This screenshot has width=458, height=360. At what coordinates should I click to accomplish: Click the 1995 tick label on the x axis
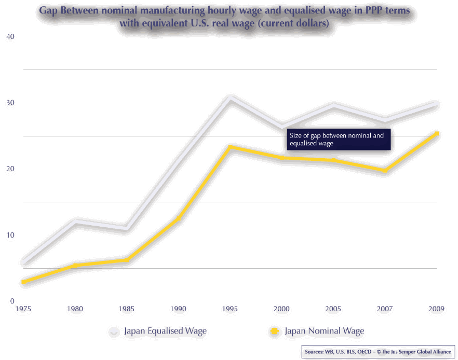(x=230, y=309)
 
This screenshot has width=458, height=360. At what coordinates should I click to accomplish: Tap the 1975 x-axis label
(x=23, y=309)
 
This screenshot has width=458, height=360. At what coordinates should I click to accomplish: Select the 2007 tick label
(x=385, y=309)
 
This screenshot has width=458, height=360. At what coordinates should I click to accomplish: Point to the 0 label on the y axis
(x=11, y=301)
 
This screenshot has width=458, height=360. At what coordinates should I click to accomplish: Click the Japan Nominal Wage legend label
(x=324, y=331)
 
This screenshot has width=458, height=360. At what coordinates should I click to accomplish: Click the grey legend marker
(x=114, y=331)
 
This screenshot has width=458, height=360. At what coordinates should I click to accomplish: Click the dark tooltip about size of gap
(x=338, y=139)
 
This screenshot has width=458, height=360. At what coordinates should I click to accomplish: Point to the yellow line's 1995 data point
(x=230, y=147)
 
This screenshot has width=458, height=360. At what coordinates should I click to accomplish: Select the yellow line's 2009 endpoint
(x=437, y=134)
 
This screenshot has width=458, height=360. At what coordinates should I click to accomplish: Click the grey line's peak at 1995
(x=230, y=98)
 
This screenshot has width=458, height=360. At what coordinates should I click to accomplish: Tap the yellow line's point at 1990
(x=178, y=218)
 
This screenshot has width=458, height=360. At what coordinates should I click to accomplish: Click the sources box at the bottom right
(x=378, y=351)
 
